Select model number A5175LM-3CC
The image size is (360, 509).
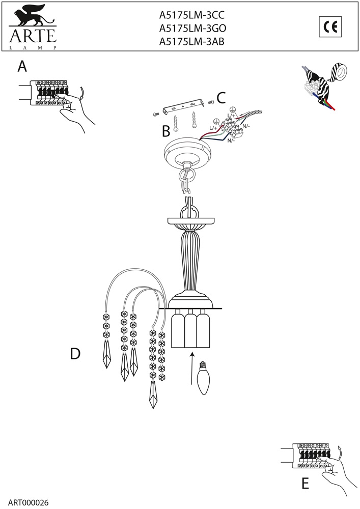pos(191,15)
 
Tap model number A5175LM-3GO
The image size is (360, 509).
pos(192,29)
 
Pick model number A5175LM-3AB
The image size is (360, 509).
pos(191,42)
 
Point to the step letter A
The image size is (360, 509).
pos(22,67)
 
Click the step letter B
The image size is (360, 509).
pos(166,131)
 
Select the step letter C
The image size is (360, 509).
pos(221,98)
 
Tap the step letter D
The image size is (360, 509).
pos(75,354)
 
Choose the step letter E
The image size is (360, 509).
pos(305,484)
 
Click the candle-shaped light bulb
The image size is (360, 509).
pos(203,378)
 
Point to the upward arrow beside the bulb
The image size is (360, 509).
pos(192,369)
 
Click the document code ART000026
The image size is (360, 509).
pos(28,502)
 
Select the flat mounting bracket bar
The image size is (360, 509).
pos(184,106)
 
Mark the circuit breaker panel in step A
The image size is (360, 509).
pos(49,92)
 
